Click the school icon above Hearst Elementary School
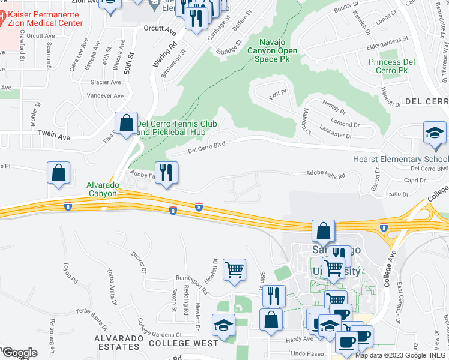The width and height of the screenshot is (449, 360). click(435, 134)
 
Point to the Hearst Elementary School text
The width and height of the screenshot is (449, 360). click(400, 160)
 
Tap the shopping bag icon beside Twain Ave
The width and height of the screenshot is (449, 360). click(127, 124)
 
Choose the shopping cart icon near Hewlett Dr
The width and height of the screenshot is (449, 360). click(234, 269)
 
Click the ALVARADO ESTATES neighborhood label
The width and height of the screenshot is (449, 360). click(119, 343)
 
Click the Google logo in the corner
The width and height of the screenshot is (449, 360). click(19, 352)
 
